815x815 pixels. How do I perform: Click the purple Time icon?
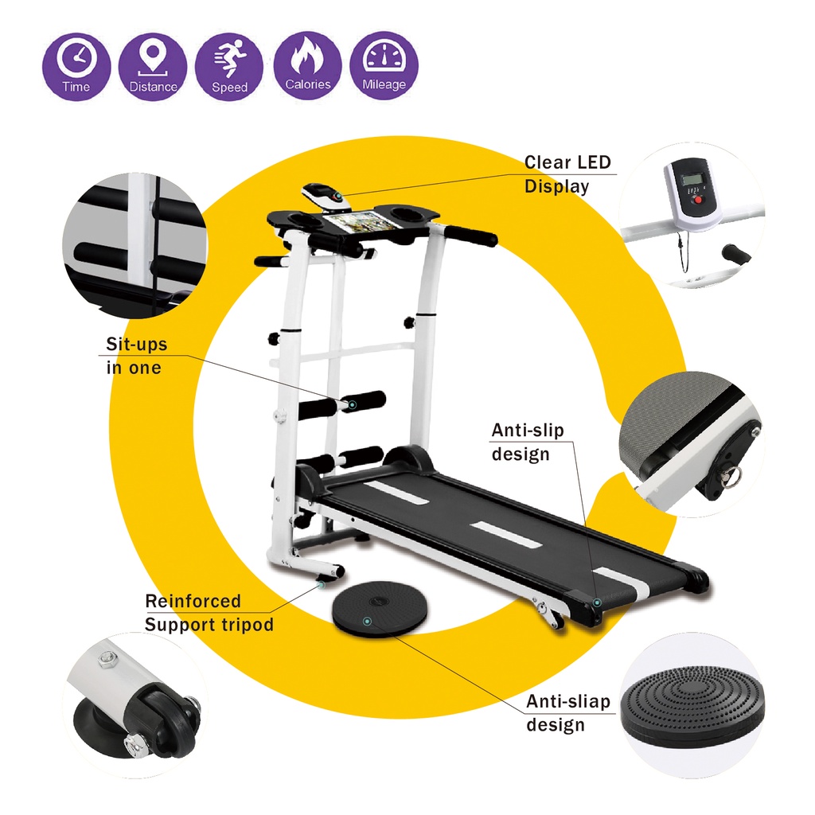coord(76,65)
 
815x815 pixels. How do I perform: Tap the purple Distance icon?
coord(153,65)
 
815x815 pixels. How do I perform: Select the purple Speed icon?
coord(229,65)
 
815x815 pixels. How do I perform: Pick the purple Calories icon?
coord(307,65)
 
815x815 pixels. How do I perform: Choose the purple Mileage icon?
coord(384,65)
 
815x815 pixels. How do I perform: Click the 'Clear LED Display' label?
coord(567,174)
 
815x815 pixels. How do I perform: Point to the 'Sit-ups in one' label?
coord(136,356)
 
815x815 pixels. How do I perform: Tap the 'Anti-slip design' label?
coord(527,442)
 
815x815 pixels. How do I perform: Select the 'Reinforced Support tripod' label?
coord(209,613)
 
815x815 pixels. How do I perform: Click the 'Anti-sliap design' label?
coord(567,712)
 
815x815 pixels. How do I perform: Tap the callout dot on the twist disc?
coord(366,620)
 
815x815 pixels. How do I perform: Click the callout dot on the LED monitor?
coord(337,194)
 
